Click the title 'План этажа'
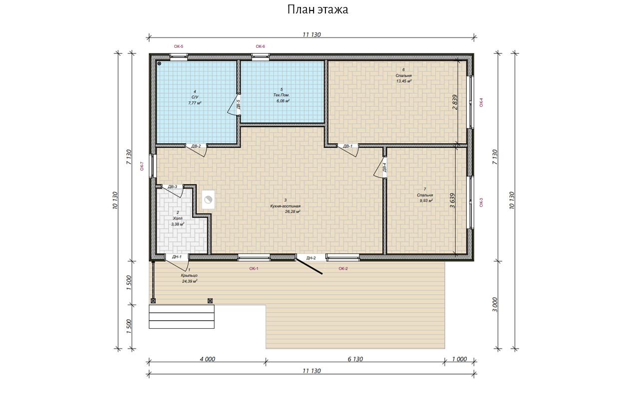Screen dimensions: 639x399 click(318, 9)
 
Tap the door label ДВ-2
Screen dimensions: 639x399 click(196, 146)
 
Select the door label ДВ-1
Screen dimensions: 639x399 click(348, 146)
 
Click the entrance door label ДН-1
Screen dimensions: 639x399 click(177, 257)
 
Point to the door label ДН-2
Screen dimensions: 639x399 click(311, 258)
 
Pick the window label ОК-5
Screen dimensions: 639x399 click(179, 46)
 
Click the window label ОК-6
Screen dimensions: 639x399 click(260, 46)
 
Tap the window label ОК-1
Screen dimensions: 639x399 click(254, 268)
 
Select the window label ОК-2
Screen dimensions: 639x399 click(343, 268)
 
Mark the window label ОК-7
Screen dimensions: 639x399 click(142, 166)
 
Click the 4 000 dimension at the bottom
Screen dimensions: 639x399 click(207, 359)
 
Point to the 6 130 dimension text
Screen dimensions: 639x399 click(355, 359)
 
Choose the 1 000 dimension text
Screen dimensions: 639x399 click(460, 359)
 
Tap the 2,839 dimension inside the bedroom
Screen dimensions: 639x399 click(455, 102)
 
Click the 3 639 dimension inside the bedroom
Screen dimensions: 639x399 click(452, 200)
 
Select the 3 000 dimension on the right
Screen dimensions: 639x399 click(495, 305)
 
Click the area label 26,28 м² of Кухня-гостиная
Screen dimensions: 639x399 click(293, 212)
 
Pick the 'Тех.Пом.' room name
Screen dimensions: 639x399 click(282, 95)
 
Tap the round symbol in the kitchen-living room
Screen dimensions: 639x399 click(209, 199)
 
